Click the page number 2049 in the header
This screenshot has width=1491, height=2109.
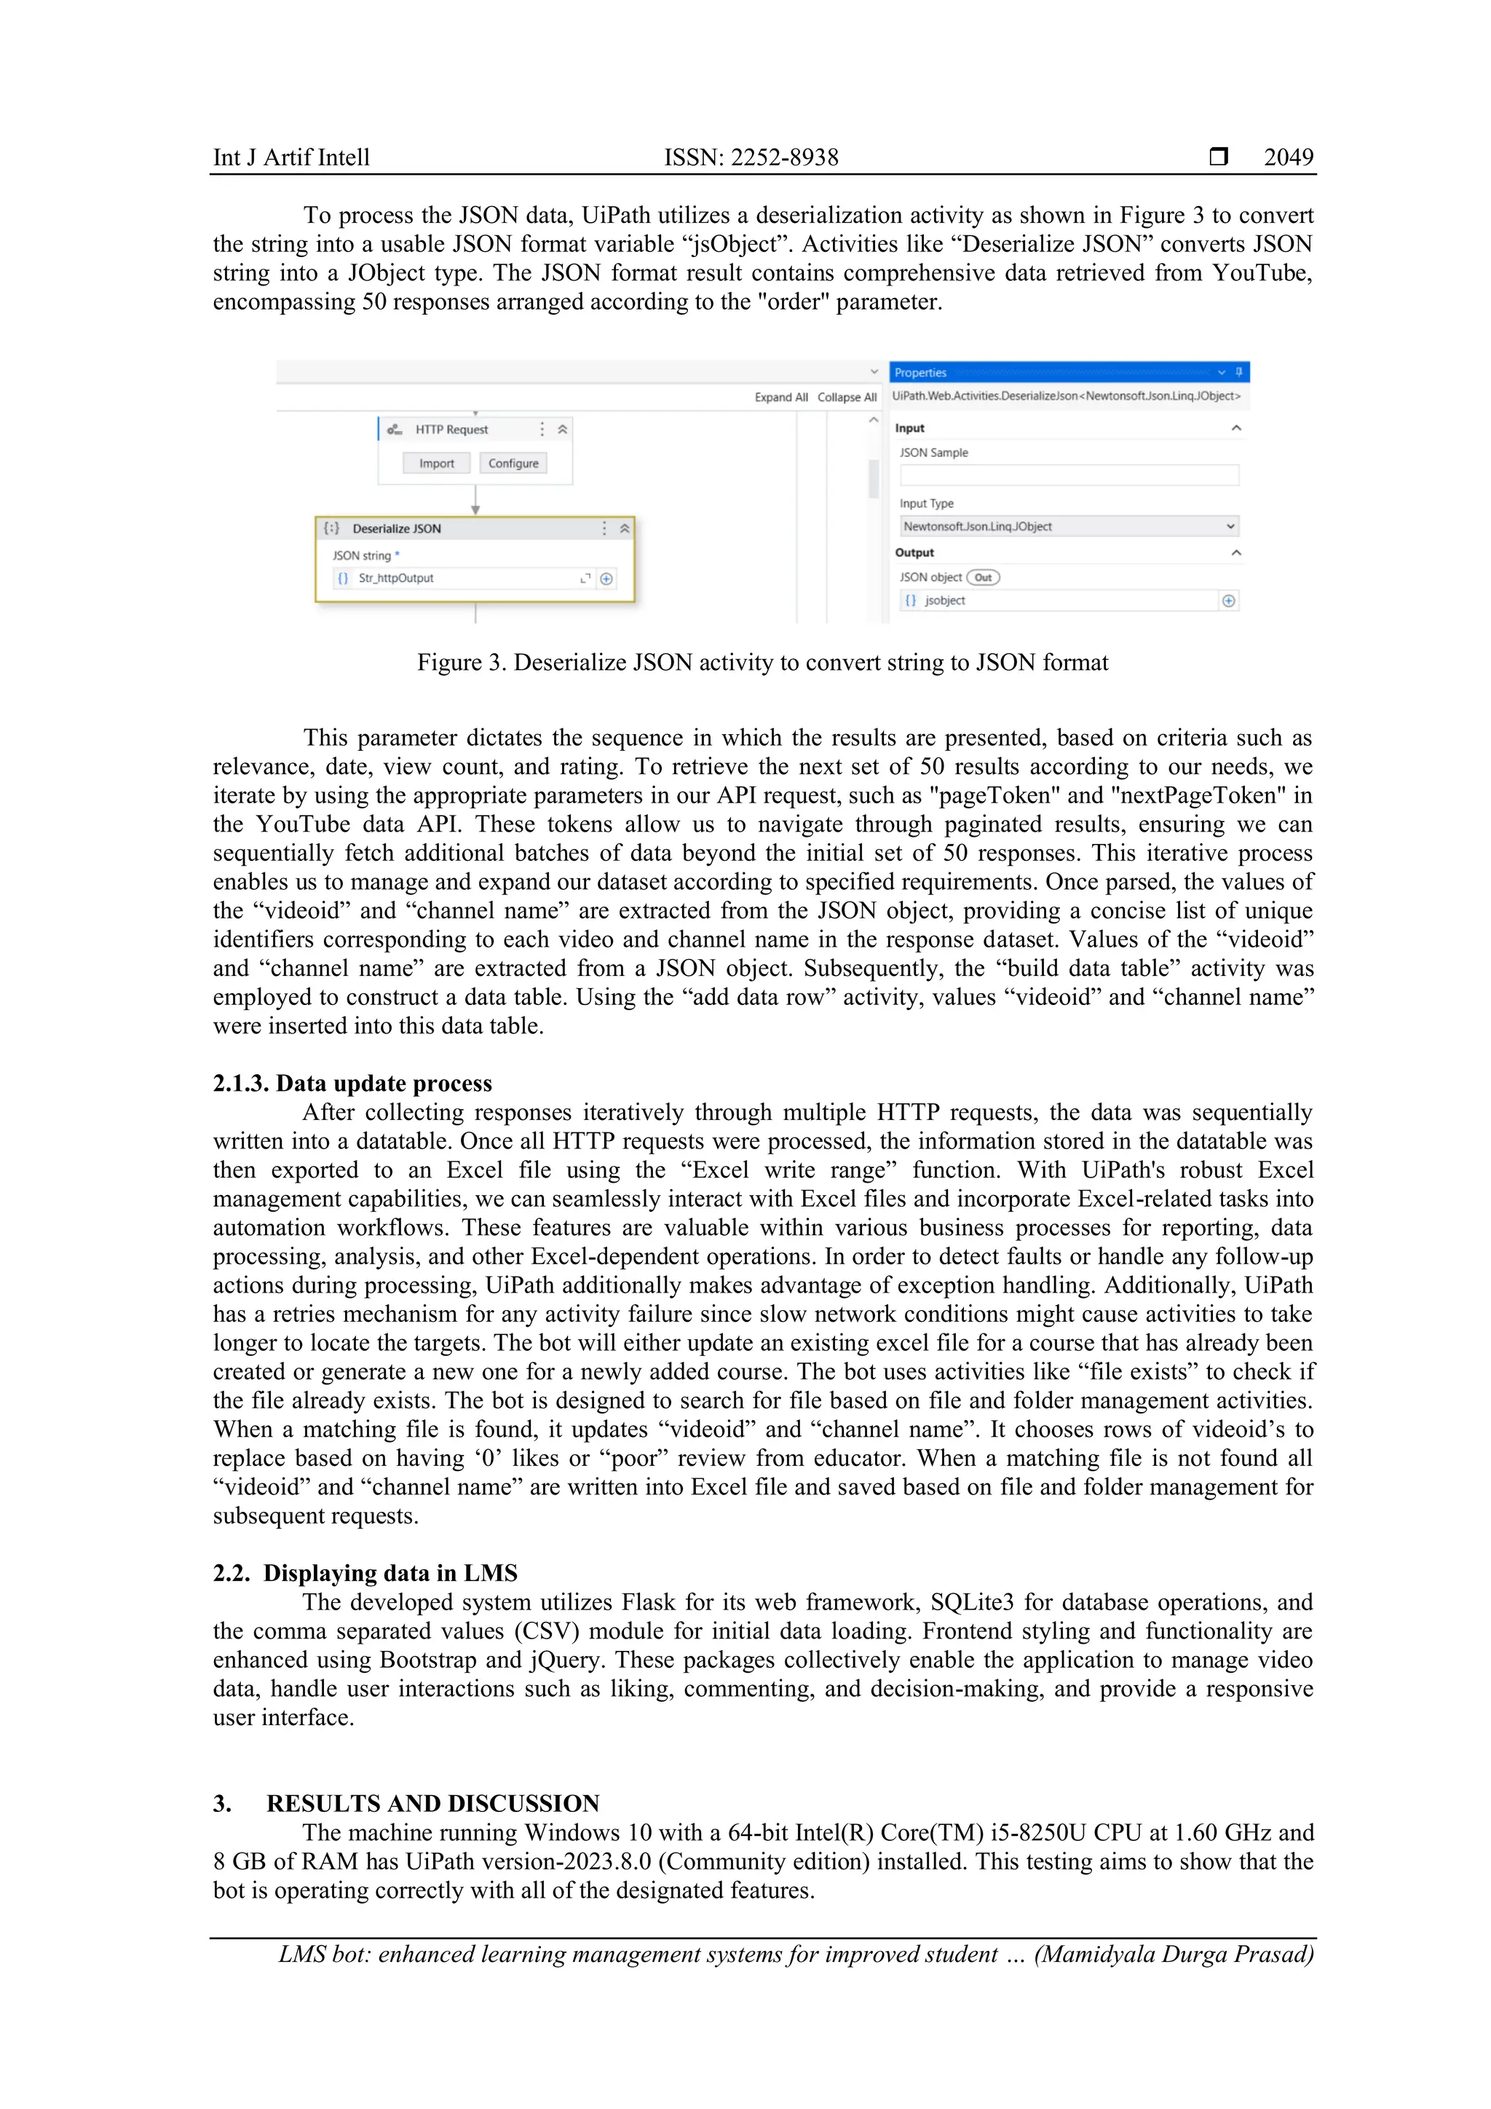pos(1287,157)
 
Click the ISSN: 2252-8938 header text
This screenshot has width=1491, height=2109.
pos(751,157)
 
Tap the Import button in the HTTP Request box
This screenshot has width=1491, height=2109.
pos(436,464)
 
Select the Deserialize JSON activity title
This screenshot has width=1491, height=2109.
pos(397,529)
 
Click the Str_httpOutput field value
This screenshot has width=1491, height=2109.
pos(396,579)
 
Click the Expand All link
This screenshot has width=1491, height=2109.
pos(780,398)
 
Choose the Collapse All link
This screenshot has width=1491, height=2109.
pos(847,398)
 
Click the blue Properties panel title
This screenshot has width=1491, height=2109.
pos(920,373)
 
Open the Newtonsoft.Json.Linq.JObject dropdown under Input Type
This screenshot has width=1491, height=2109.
pos(1069,527)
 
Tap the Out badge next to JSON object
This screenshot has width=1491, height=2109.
pos(982,577)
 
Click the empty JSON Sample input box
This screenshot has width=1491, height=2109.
pos(1069,475)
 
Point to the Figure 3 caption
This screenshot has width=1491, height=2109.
pos(762,663)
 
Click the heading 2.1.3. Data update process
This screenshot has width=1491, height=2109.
pos(352,1084)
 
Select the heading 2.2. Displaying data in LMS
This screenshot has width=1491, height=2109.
pos(365,1574)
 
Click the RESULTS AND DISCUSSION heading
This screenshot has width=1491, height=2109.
pos(432,1804)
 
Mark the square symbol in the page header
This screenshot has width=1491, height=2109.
pos(1218,157)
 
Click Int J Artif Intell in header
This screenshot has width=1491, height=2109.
pos(291,158)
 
